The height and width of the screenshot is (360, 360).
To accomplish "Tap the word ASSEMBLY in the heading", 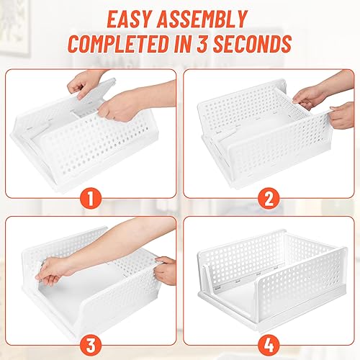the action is pos(202,19).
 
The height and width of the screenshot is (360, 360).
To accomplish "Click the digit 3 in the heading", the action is pos(203,44).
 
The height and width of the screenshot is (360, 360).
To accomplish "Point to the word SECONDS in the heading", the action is pos(253,44).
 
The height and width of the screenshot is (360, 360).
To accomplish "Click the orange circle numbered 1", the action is pos(91,198).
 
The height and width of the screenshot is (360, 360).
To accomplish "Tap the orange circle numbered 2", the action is pos(269,198).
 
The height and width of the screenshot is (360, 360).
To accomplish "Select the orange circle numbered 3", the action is pos(91,346).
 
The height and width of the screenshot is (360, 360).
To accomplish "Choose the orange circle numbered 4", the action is pos(269,346).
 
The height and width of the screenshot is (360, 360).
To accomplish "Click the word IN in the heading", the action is pos(182,44).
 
